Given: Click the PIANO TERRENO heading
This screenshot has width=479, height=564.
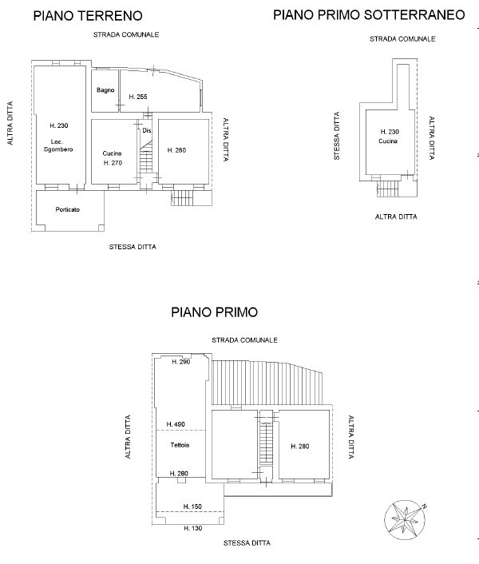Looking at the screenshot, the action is point(88,16).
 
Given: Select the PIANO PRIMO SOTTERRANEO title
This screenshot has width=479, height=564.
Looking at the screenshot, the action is point(369,15).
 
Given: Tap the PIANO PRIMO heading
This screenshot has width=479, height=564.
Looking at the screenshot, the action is point(215,312).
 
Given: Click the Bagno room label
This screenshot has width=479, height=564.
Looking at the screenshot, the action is point(105,90).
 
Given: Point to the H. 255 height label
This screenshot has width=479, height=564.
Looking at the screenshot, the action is point(138,97).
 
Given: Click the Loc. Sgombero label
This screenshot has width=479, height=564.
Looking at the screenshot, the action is point(58,145).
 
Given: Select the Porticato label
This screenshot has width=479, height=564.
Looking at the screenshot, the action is point(68,209).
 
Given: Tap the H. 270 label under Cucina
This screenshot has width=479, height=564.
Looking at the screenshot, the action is point(113,163).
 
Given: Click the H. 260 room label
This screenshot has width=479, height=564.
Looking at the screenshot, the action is point(176,150).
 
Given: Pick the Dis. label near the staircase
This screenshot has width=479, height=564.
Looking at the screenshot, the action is point(147,130).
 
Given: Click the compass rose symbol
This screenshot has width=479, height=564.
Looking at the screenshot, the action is point(406,519).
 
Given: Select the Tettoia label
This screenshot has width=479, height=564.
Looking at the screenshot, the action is point(180,445).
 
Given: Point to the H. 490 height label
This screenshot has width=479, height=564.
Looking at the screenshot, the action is point(176,424).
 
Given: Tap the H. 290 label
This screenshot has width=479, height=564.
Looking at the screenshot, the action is point(180,362).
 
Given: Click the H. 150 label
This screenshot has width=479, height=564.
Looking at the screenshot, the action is point(192,506).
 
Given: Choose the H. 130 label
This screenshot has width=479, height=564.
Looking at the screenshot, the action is point(193,528).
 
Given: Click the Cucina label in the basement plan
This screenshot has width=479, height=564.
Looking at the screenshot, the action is point(388,141).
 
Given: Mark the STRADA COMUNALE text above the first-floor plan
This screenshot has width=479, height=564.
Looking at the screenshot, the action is point(244,340).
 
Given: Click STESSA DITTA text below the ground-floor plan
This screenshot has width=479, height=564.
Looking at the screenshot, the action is point(133,247).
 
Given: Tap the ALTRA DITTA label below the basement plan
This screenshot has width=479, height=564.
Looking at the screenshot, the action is point(396,216).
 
